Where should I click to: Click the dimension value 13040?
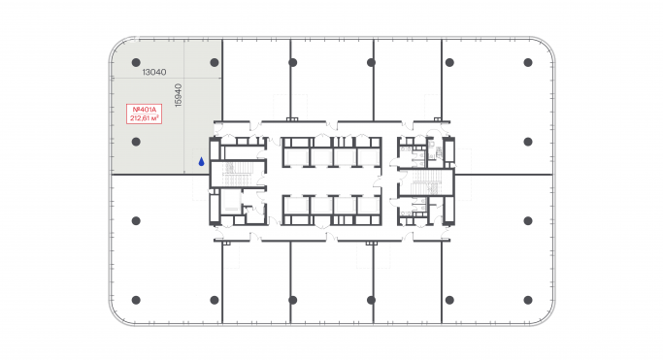coord(153,72)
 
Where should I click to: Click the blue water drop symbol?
coord(201,162)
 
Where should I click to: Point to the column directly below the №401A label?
coord(136,142)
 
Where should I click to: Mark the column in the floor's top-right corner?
coord(528,62)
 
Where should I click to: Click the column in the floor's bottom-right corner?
coord(528,301)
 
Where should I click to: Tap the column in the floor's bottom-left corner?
coord(136,301)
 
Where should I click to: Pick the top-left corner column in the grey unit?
coord(136,62)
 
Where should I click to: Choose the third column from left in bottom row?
coord(371,301)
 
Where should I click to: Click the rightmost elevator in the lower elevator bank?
coord(367,208)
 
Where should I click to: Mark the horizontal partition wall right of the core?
coord(505,175)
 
